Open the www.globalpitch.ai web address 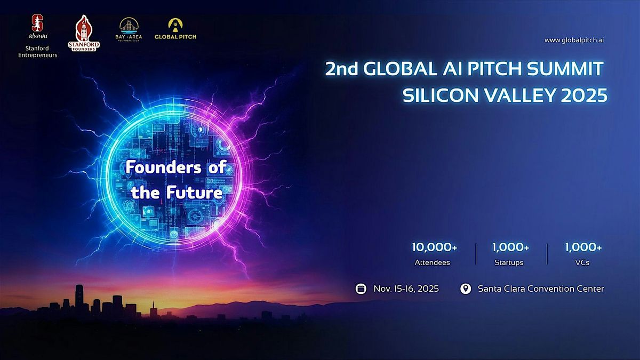(x=574, y=40)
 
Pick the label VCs (x=583, y=262)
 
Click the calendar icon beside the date (x=361, y=289)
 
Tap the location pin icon (x=466, y=289)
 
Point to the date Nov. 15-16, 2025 (x=406, y=289)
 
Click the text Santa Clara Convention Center (x=541, y=289)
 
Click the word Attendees (x=433, y=262)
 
